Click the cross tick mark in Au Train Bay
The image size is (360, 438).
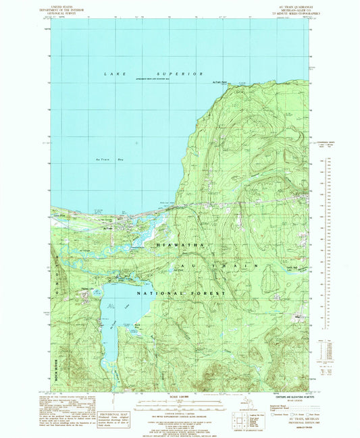point(137,142)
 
